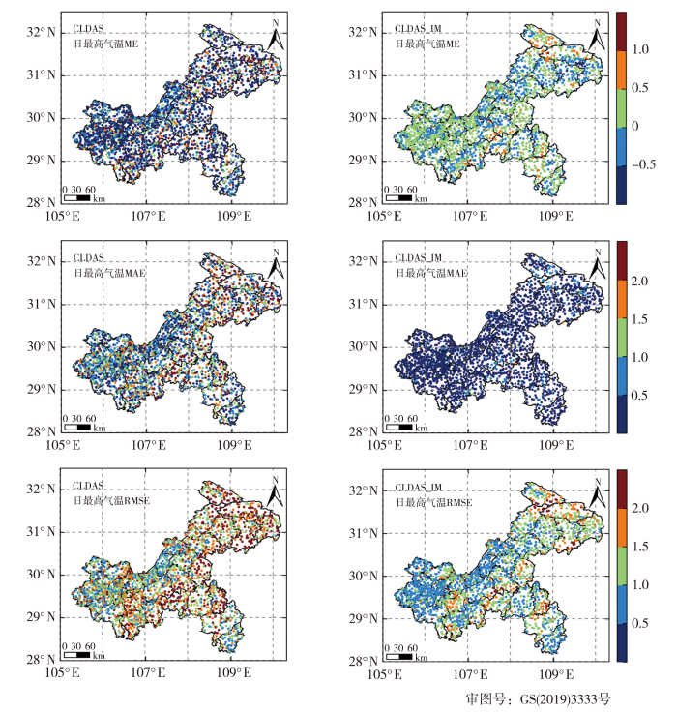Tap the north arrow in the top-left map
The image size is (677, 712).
point(276,37)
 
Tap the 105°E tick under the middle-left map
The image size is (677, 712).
point(64,444)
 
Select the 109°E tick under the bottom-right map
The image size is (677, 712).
point(551,672)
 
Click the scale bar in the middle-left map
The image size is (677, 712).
point(76,427)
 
